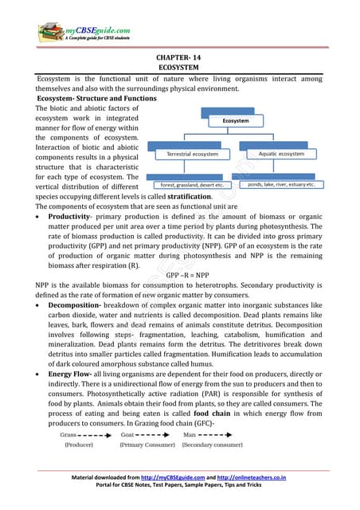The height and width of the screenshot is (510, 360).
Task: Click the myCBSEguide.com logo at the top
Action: pos(83,33)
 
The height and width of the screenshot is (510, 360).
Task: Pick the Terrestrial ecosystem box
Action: pos(192,153)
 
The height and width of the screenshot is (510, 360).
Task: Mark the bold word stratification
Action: pos(183,196)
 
